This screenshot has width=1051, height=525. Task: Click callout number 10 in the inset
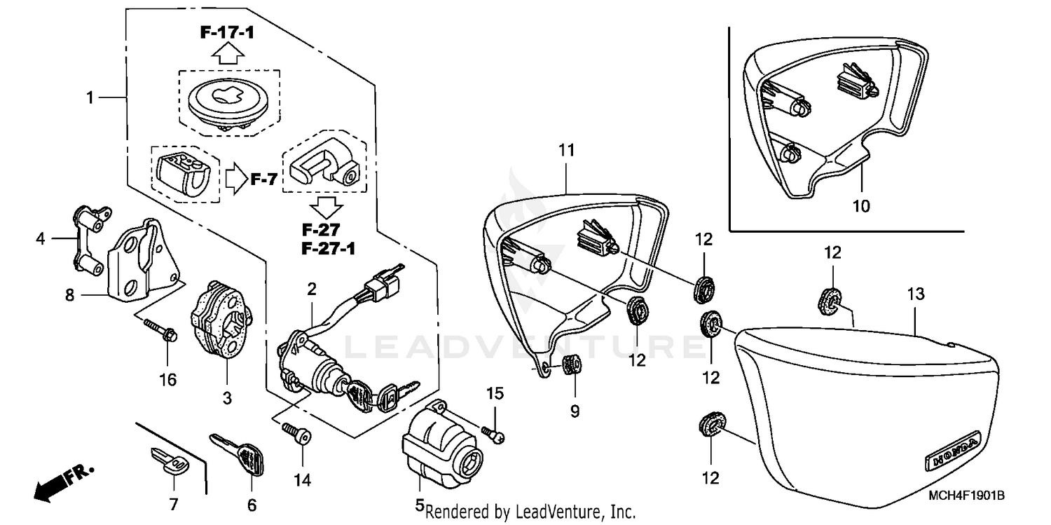861,206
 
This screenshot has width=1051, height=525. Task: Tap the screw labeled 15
496,435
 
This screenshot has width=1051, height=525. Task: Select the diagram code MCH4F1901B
966,495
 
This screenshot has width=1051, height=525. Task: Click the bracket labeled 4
88,238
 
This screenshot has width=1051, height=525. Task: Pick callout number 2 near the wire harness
311,287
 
